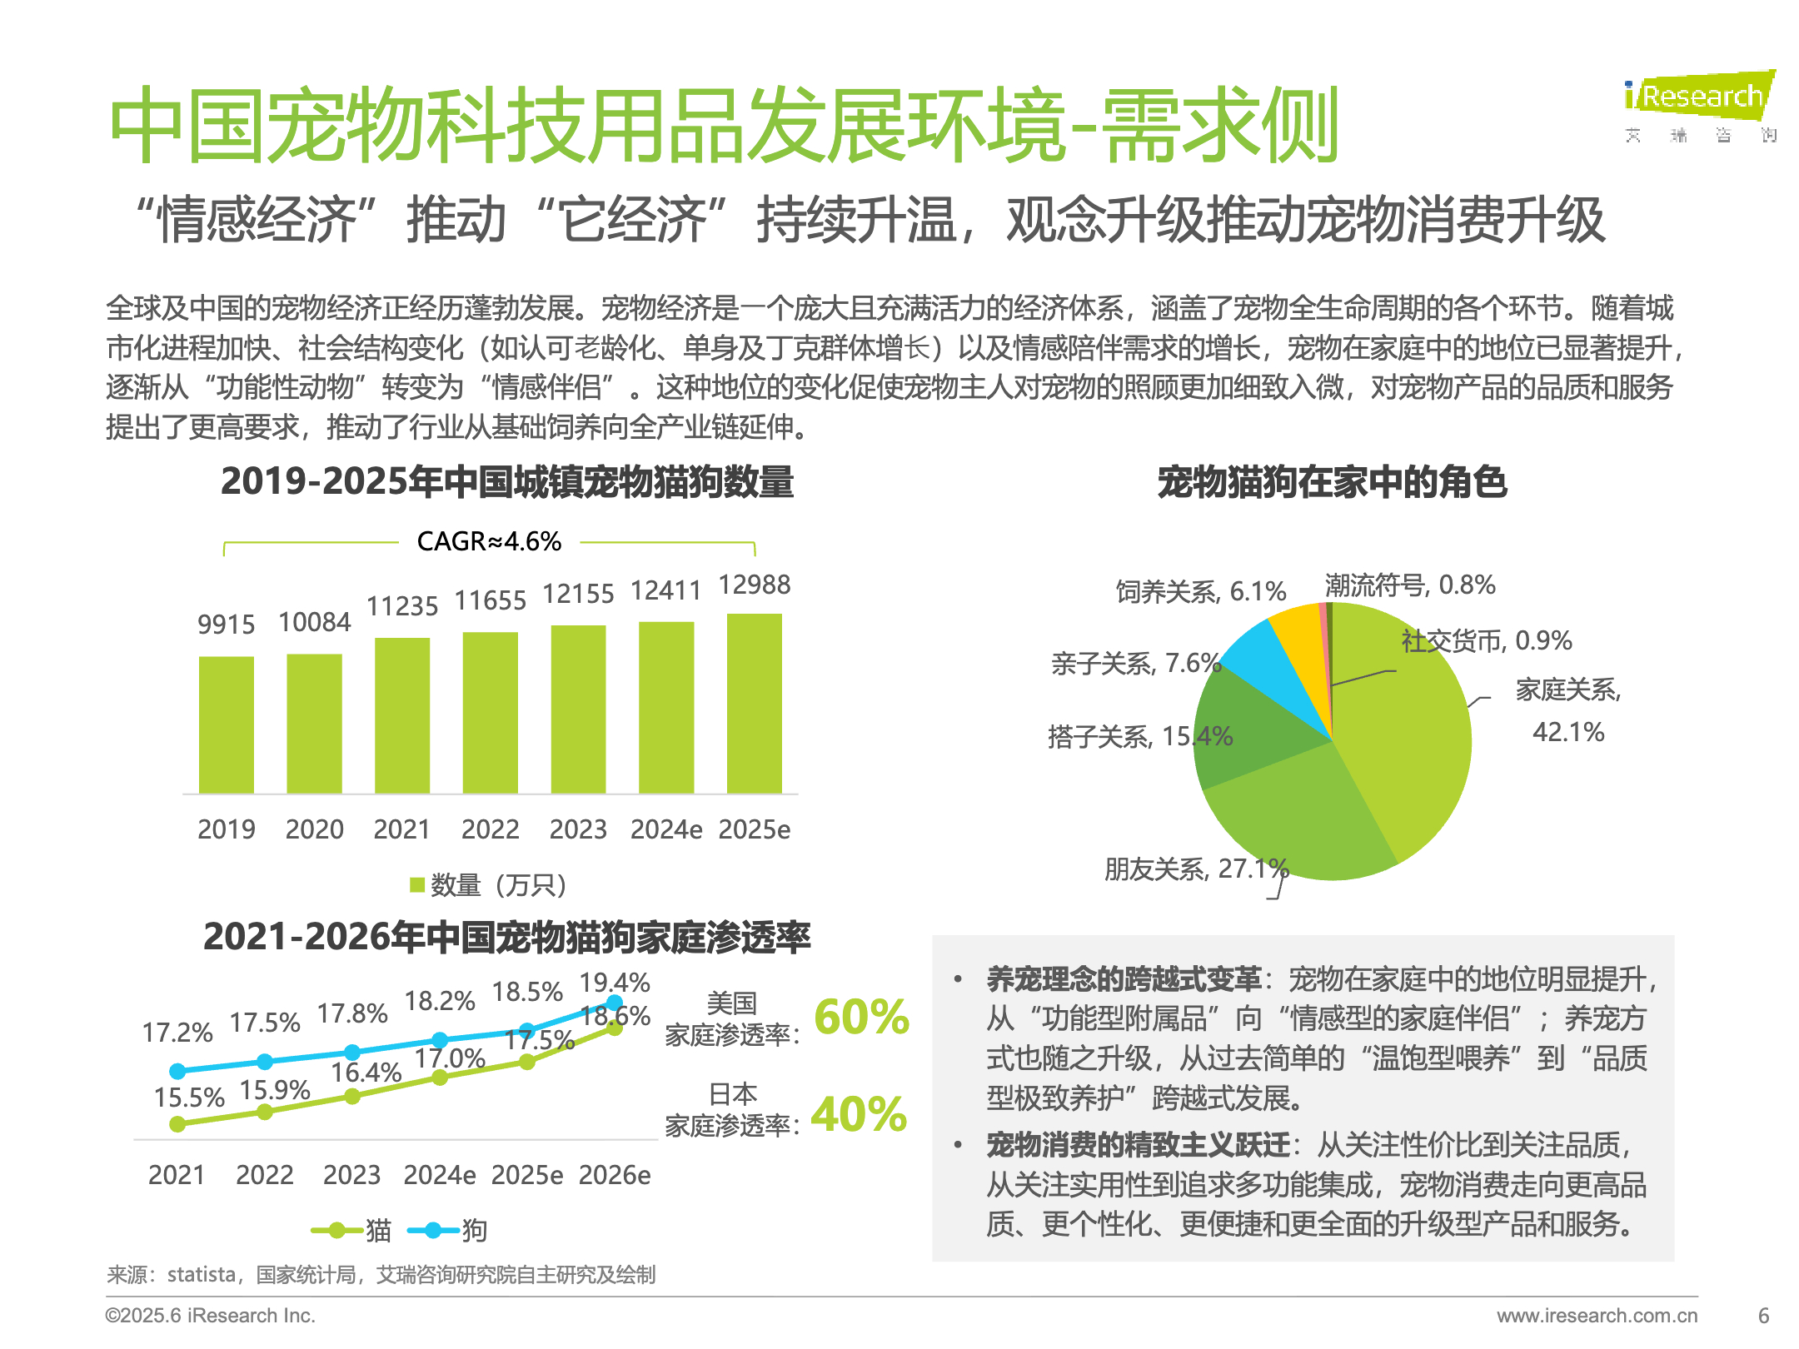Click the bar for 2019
point(226,724)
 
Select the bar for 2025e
point(754,704)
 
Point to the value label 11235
point(402,606)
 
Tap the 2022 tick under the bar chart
point(490,829)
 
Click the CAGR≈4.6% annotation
point(489,542)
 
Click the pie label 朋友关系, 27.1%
point(1196,869)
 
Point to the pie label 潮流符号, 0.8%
point(1410,585)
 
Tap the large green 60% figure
point(861,1017)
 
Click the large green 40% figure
point(859,1114)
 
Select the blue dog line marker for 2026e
point(615,1003)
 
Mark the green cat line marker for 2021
point(177,1124)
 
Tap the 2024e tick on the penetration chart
point(440,1175)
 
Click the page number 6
point(1763,1316)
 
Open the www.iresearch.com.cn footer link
point(1597,1316)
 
